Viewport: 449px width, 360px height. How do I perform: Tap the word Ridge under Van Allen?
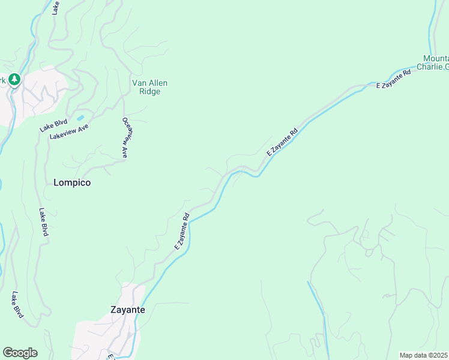click(149, 91)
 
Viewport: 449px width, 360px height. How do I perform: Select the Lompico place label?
click(72, 182)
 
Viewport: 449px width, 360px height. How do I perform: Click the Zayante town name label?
click(127, 310)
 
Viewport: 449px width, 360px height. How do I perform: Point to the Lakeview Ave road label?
click(69, 136)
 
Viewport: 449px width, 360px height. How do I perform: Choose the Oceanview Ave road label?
click(126, 137)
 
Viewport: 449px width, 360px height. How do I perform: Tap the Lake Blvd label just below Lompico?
click(43, 222)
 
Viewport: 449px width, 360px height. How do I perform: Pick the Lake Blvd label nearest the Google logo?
click(17, 304)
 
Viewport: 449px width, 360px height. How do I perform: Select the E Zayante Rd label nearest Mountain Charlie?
click(394, 79)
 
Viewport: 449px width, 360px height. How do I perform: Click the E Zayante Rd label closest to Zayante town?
click(182, 232)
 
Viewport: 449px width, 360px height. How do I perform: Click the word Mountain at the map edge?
click(436, 58)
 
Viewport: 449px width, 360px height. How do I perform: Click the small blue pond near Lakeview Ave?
click(80, 118)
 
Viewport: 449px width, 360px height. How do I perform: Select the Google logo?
click(20, 353)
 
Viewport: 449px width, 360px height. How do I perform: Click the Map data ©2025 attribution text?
click(424, 355)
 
